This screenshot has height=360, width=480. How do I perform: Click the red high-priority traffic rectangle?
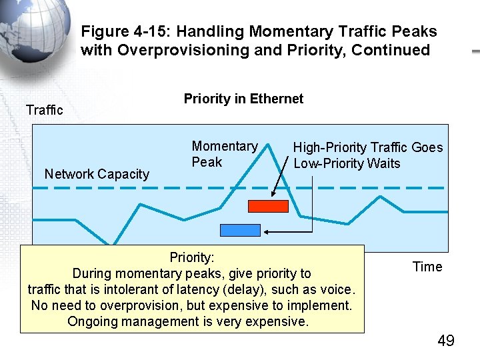pyautogui.click(x=268, y=206)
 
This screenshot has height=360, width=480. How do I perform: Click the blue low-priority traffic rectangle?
pyautogui.click(x=240, y=230)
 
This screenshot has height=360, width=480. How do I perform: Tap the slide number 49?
pyautogui.click(x=445, y=341)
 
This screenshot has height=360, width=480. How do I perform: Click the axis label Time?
pyautogui.click(x=427, y=267)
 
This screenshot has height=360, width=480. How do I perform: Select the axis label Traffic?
pyautogui.click(x=44, y=110)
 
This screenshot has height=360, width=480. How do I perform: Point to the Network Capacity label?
pyautogui.click(x=97, y=174)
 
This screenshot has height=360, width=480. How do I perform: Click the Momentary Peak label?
pyautogui.click(x=224, y=154)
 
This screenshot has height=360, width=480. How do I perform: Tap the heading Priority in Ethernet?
pyautogui.click(x=243, y=99)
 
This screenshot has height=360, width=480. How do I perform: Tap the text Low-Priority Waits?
pyautogui.click(x=347, y=163)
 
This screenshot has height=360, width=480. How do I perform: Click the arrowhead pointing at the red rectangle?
pyautogui.click(x=274, y=195)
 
